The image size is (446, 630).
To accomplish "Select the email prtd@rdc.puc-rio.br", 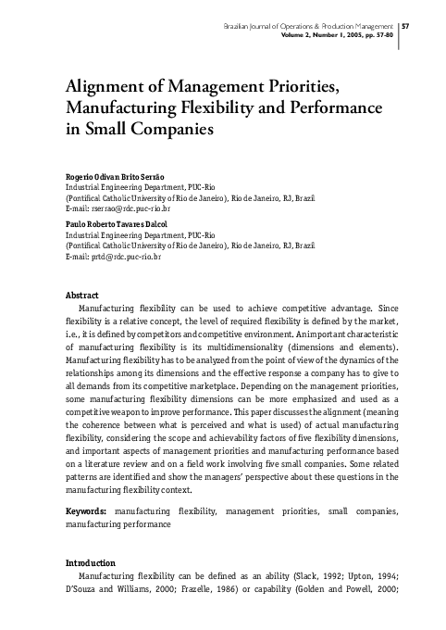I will pyautogui.click(x=118, y=256).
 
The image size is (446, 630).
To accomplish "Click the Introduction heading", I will pyautogui.click(x=90, y=562).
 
